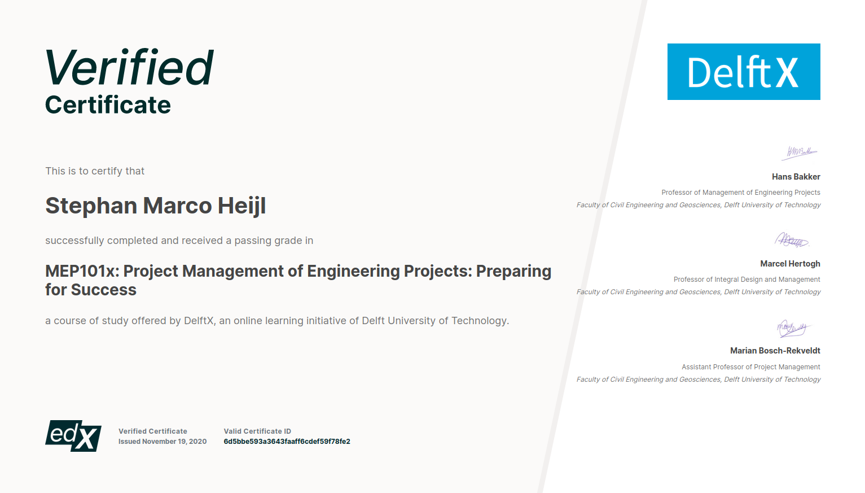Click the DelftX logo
click(x=744, y=72)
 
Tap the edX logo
click(x=73, y=436)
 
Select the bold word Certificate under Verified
click(x=108, y=104)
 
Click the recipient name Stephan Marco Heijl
click(x=156, y=206)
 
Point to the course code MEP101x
click(x=82, y=271)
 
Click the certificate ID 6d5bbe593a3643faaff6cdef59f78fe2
click(x=287, y=441)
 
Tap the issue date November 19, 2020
click(x=174, y=441)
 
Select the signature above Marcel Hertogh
click(x=792, y=240)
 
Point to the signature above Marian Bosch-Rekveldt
click(x=793, y=329)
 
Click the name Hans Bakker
click(x=796, y=177)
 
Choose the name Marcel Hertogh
click(x=790, y=264)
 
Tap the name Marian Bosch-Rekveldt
click(x=775, y=351)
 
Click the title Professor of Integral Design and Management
click(x=747, y=280)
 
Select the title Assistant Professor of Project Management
click(x=750, y=367)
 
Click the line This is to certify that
click(x=95, y=171)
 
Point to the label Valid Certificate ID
click(x=257, y=431)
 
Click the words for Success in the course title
click(x=91, y=290)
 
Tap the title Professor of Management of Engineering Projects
click(x=741, y=193)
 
